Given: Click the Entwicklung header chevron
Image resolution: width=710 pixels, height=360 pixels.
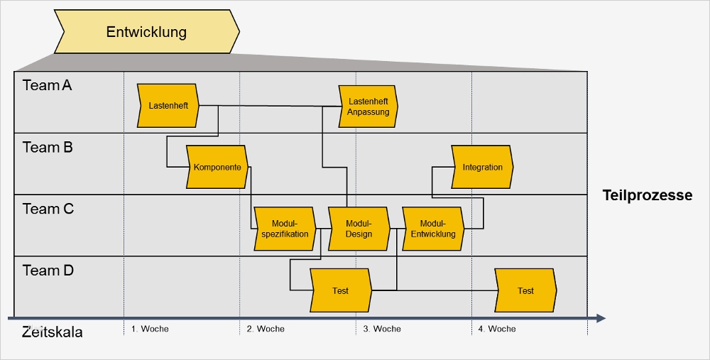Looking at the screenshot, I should pyautogui.click(x=146, y=32).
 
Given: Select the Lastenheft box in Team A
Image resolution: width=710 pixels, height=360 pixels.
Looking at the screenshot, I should pyautogui.click(x=168, y=106).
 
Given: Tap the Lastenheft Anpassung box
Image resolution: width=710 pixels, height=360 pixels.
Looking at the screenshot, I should pyautogui.click(x=368, y=107).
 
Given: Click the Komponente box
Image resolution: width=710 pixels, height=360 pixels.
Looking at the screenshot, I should pyautogui.click(x=217, y=168).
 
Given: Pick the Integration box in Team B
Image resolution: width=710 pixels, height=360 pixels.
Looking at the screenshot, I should pyautogui.click(x=482, y=168).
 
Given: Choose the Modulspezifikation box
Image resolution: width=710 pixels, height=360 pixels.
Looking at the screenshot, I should pyautogui.click(x=285, y=229).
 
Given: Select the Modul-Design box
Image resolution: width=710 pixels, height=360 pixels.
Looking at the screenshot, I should pyautogui.click(x=359, y=229).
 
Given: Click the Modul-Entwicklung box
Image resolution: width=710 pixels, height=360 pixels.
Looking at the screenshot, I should pyautogui.click(x=433, y=229).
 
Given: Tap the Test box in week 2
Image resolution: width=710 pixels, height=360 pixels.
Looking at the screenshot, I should pyautogui.click(x=341, y=290).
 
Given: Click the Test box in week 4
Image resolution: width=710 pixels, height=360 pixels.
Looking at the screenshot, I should pyautogui.click(x=525, y=290).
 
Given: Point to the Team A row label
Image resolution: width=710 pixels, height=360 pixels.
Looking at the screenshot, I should pyautogui.click(x=48, y=85).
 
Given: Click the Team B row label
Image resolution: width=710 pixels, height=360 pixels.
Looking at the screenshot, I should pyautogui.click(x=48, y=148).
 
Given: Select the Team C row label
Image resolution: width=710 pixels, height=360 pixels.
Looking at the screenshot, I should pyautogui.click(x=48, y=209).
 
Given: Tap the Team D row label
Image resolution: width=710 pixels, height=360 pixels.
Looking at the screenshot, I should pyautogui.click(x=48, y=271).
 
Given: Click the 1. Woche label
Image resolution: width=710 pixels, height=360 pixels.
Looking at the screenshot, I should pyautogui.click(x=150, y=329).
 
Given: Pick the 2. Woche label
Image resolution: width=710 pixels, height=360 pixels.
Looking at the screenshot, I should pyautogui.click(x=266, y=329).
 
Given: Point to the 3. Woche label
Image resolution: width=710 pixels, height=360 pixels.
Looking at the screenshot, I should pyautogui.click(x=382, y=329).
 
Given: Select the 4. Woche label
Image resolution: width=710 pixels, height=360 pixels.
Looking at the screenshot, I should pyautogui.click(x=497, y=329).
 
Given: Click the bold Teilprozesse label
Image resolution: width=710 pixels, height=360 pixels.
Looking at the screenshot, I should pyautogui.click(x=647, y=195).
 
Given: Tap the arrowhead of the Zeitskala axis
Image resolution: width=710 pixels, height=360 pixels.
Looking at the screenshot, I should pyautogui.click(x=601, y=318).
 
